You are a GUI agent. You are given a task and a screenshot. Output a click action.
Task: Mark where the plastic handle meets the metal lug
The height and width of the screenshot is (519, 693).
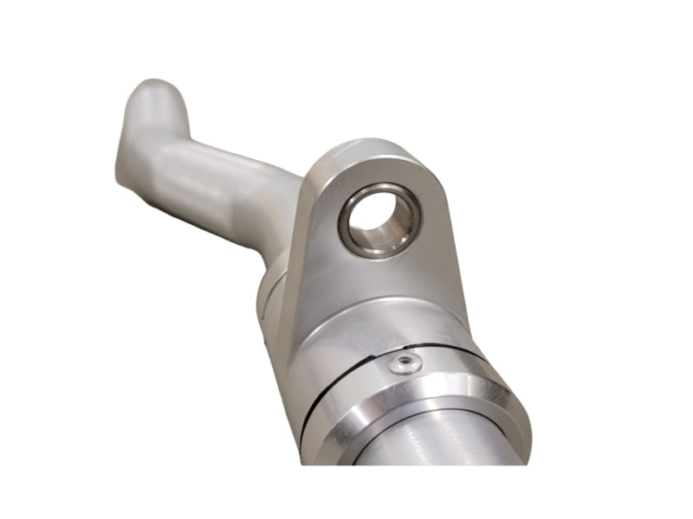pyautogui.click(x=290, y=208)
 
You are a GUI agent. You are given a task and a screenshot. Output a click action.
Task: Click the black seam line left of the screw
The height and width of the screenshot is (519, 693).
pyautogui.click(x=338, y=381)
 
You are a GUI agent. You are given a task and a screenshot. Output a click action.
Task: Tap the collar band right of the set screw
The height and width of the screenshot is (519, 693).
pyautogui.click(x=459, y=368)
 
